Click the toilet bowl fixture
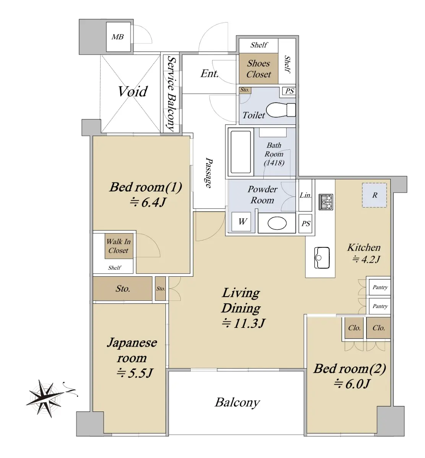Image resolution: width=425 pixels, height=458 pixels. (x=281, y=110)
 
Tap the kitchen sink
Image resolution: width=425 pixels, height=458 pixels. (x=322, y=258)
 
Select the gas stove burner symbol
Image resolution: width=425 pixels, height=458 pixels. (x=326, y=202)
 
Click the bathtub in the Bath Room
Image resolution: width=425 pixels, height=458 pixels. (x=241, y=152)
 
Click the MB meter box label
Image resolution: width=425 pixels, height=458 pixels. (x=118, y=37)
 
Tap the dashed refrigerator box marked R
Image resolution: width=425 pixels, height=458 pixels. (x=375, y=195)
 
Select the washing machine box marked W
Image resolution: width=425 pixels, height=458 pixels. (x=242, y=221)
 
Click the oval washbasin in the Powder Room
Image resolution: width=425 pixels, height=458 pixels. (x=277, y=223)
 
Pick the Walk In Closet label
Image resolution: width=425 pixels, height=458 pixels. (x=118, y=246)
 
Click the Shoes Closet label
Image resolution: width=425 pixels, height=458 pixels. (x=258, y=69)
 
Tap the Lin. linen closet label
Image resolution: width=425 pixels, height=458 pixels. (x=305, y=195)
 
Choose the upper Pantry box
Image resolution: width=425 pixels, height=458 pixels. (x=380, y=287)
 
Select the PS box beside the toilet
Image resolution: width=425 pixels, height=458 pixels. (x=289, y=91)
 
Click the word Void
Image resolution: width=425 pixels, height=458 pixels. (x=132, y=91)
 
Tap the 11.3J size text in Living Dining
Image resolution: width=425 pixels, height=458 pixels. (x=243, y=323)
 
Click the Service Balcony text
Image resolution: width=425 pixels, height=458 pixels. (x=172, y=94)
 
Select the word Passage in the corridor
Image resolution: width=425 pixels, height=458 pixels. (x=209, y=173)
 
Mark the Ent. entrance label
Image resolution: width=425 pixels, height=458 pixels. (x=209, y=74)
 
